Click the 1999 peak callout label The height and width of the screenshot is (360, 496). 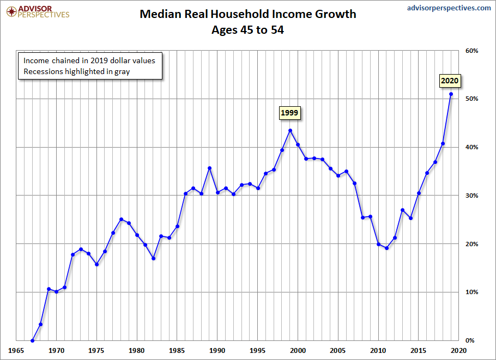point(290,113)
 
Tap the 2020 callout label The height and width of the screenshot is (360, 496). point(450,81)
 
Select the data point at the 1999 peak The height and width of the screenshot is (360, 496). point(290,131)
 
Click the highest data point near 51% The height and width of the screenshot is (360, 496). point(451,94)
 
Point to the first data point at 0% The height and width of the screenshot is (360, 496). point(33,340)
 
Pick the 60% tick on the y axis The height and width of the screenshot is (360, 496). point(471,51)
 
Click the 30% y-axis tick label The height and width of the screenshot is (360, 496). point(471,196)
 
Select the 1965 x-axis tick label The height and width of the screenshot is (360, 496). point(16,351)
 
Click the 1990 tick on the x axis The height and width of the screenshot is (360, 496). point(217,351)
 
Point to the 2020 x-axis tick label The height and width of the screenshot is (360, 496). point(458,351)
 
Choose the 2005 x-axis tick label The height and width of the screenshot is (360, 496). point(338,351)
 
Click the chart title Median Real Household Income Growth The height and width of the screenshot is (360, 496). point(248,14)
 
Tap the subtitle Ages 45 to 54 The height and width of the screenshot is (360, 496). point(248,30)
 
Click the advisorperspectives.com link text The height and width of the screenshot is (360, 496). point(449,8)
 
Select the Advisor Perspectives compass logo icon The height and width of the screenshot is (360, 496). point(9,11)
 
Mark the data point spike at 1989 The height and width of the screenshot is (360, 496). point(209,168)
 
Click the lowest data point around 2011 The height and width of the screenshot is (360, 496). point(386,248)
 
